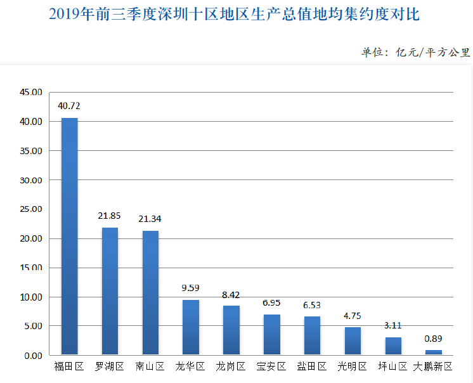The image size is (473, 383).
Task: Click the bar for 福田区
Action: pyautogui.click(x=69, y=236)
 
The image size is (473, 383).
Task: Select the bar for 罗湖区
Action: pyautogui.click(x=110, y=291)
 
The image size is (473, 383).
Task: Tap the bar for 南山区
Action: pyautogui.click(x=150, y=292)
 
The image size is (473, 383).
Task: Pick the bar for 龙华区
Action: pyautogui.click(x=191, y=327)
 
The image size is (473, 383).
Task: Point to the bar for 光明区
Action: pyautogui.click(x=353, y=341)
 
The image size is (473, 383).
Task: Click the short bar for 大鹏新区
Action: pyautogui.click(x=434, y=352)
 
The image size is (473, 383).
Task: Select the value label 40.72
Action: pyautogui.click(x=69, y=106)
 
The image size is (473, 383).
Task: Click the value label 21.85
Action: pyautogui.click(x=110, y=216)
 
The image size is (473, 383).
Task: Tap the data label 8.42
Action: pyautogui.click(x=231, y=294)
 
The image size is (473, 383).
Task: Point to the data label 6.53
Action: pyautogui.click(x=312, y=305)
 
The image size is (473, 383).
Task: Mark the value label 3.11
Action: pyautogui.click(x=393, y=325)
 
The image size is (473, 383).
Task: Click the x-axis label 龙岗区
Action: pyautogui.click(x=231, y=367)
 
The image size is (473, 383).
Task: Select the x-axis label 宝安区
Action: pyautogui.click(x=271, y=367)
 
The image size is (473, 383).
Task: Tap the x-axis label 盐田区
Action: pyautogui.click(x=312, y=367)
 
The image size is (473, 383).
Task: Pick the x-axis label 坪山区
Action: pyautogui.click(x=393, y=367)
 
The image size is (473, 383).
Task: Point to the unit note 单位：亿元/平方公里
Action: pyautogui.click(x=415, y=53)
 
